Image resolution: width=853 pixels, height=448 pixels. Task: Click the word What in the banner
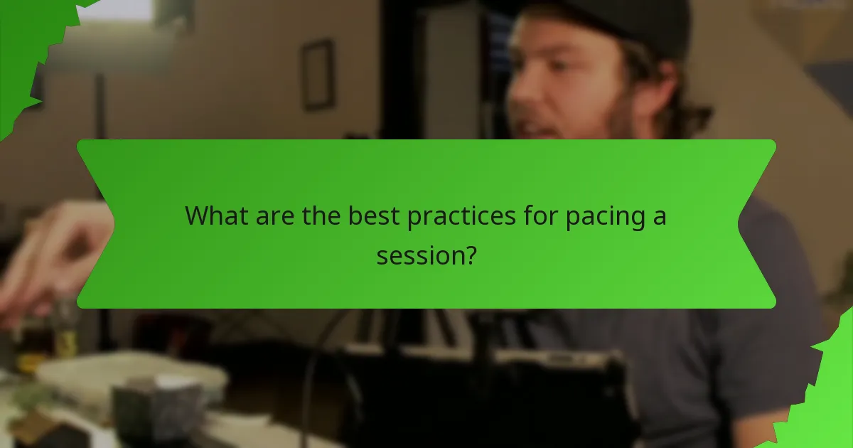click(x=216, y=215)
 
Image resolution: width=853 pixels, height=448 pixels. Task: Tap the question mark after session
click(x=469, y=254)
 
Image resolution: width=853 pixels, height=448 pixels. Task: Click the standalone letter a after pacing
click(x=660, y=217)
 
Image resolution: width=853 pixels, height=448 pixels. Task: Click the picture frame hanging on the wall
click(x=317, y=75)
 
